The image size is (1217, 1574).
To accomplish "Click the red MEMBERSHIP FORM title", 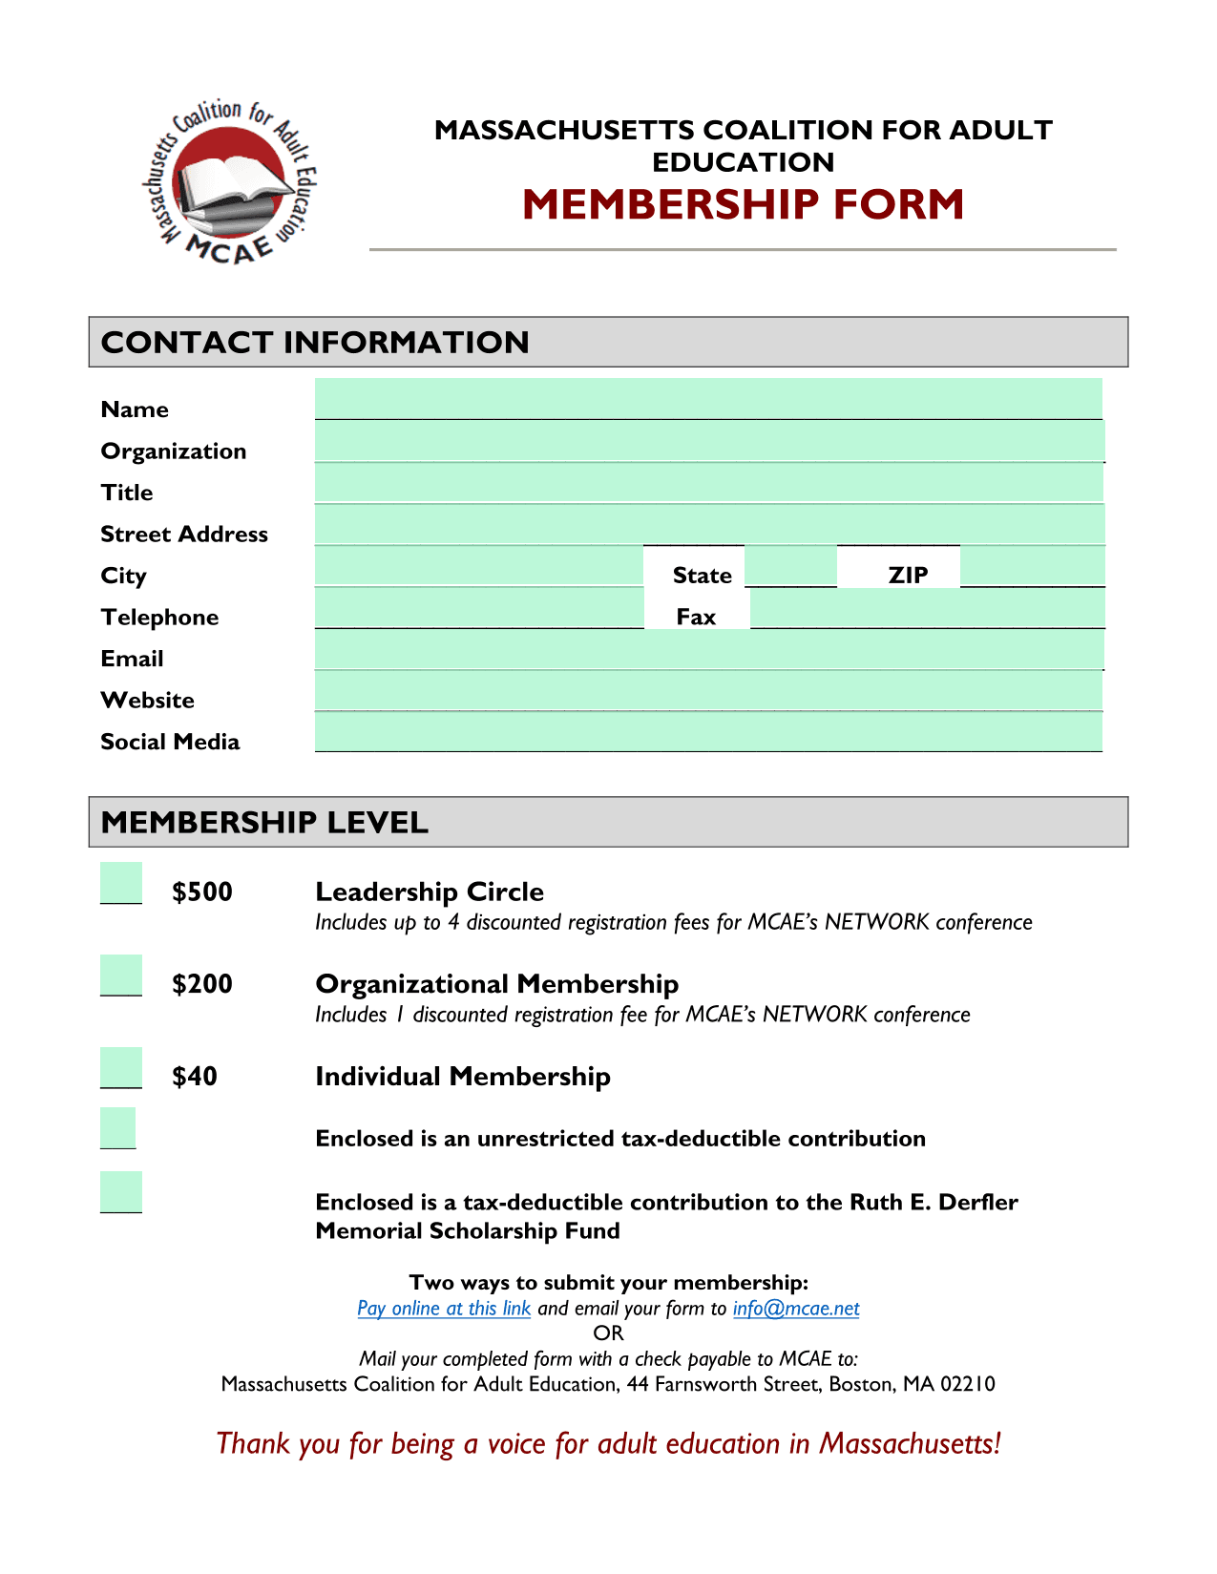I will (x=743, y=204).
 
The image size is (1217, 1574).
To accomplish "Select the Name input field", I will (x=708, y=398).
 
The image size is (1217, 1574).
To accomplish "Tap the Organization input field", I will (x=708, y=441).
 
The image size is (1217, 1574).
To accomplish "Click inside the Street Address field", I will (x=708, y=525).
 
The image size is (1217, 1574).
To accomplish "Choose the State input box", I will (x=790, y=566).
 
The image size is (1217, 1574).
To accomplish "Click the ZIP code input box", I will (x=1032, y=566).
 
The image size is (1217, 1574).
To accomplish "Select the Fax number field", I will (x=927, y=608).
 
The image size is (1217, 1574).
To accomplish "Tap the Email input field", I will (x=708, y=649).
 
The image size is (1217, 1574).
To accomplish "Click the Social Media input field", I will (x=708, y=732).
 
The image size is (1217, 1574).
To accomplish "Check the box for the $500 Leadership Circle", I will (x=121, y=882).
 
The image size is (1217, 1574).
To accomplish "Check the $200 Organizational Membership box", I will (x=121, y=975).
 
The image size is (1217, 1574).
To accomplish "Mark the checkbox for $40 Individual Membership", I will (x=121, y=1067).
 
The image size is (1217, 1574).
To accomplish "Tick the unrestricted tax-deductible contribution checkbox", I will (x=118, y=1127).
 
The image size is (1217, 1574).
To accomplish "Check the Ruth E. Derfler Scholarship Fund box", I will (x=121, y=1191).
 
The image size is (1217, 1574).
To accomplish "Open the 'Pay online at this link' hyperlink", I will (x=444, y=1308).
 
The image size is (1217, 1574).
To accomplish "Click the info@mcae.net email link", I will (x=796, y=1308).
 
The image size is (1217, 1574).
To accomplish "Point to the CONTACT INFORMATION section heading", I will (x=315, y=342).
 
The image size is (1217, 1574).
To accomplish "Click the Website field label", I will (x=148, y=701).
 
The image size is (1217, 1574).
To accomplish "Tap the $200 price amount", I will (x=202, y=984).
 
